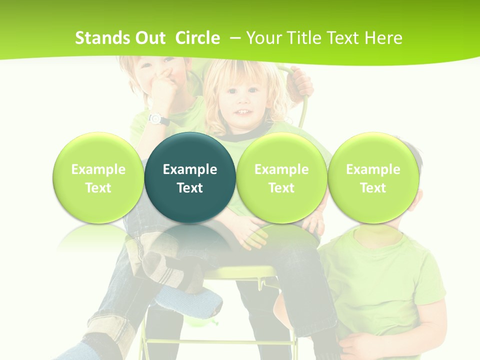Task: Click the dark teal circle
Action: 190,177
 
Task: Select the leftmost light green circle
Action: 98,177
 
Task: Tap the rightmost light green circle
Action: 373,177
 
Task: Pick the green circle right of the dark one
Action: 281,177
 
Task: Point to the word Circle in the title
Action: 197,38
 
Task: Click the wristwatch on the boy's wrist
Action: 158,119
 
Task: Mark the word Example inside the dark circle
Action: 190,169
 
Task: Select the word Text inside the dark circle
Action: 190,188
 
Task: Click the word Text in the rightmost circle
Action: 373,188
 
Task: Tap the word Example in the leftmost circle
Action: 98,169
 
